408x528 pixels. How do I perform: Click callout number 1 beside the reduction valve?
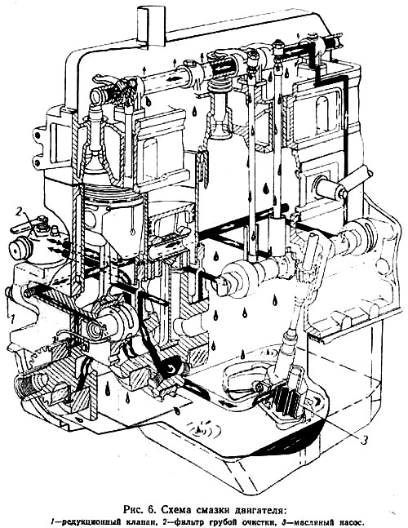click(12, 318)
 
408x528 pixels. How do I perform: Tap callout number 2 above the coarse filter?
click(19, 212)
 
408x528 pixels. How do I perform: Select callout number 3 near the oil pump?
click(364, 440)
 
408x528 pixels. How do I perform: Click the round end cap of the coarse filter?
click(19, 250)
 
